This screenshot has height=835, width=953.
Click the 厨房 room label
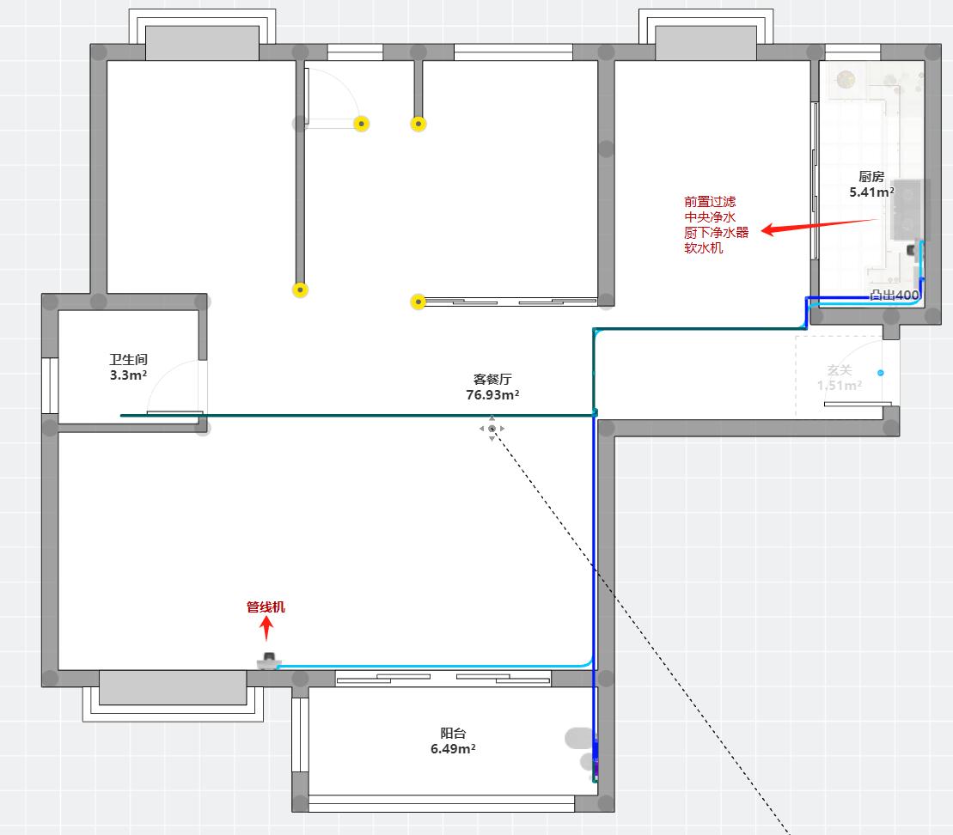(x=871, y=177)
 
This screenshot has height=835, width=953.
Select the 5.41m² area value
(x=871, y=192)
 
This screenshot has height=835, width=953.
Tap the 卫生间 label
(x=128, y=360)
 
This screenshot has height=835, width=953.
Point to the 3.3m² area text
(x=128, y=375)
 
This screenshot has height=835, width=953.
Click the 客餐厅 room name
(x=492, y=379)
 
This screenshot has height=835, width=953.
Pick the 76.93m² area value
(x=492, y=394)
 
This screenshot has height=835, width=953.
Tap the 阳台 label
(x=453, y=733)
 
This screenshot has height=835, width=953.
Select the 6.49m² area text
(x=453, y=748)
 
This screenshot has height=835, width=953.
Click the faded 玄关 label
(x=839, y=370)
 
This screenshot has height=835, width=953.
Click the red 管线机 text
(x=266, y=607)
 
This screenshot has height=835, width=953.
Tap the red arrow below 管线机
(x=266, y=629)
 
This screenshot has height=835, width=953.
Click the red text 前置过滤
(x=710, y=202)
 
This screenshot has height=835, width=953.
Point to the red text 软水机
(x=703, y=248)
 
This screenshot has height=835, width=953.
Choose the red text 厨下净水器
(x=716, y=233)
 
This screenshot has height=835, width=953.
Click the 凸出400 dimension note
(x=895, y=295)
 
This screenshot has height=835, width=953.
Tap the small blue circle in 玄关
(x=880, y=373)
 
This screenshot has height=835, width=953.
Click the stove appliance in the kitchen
(x=909, y=210)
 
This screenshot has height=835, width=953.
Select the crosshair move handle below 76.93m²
(x=492, y=428)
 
